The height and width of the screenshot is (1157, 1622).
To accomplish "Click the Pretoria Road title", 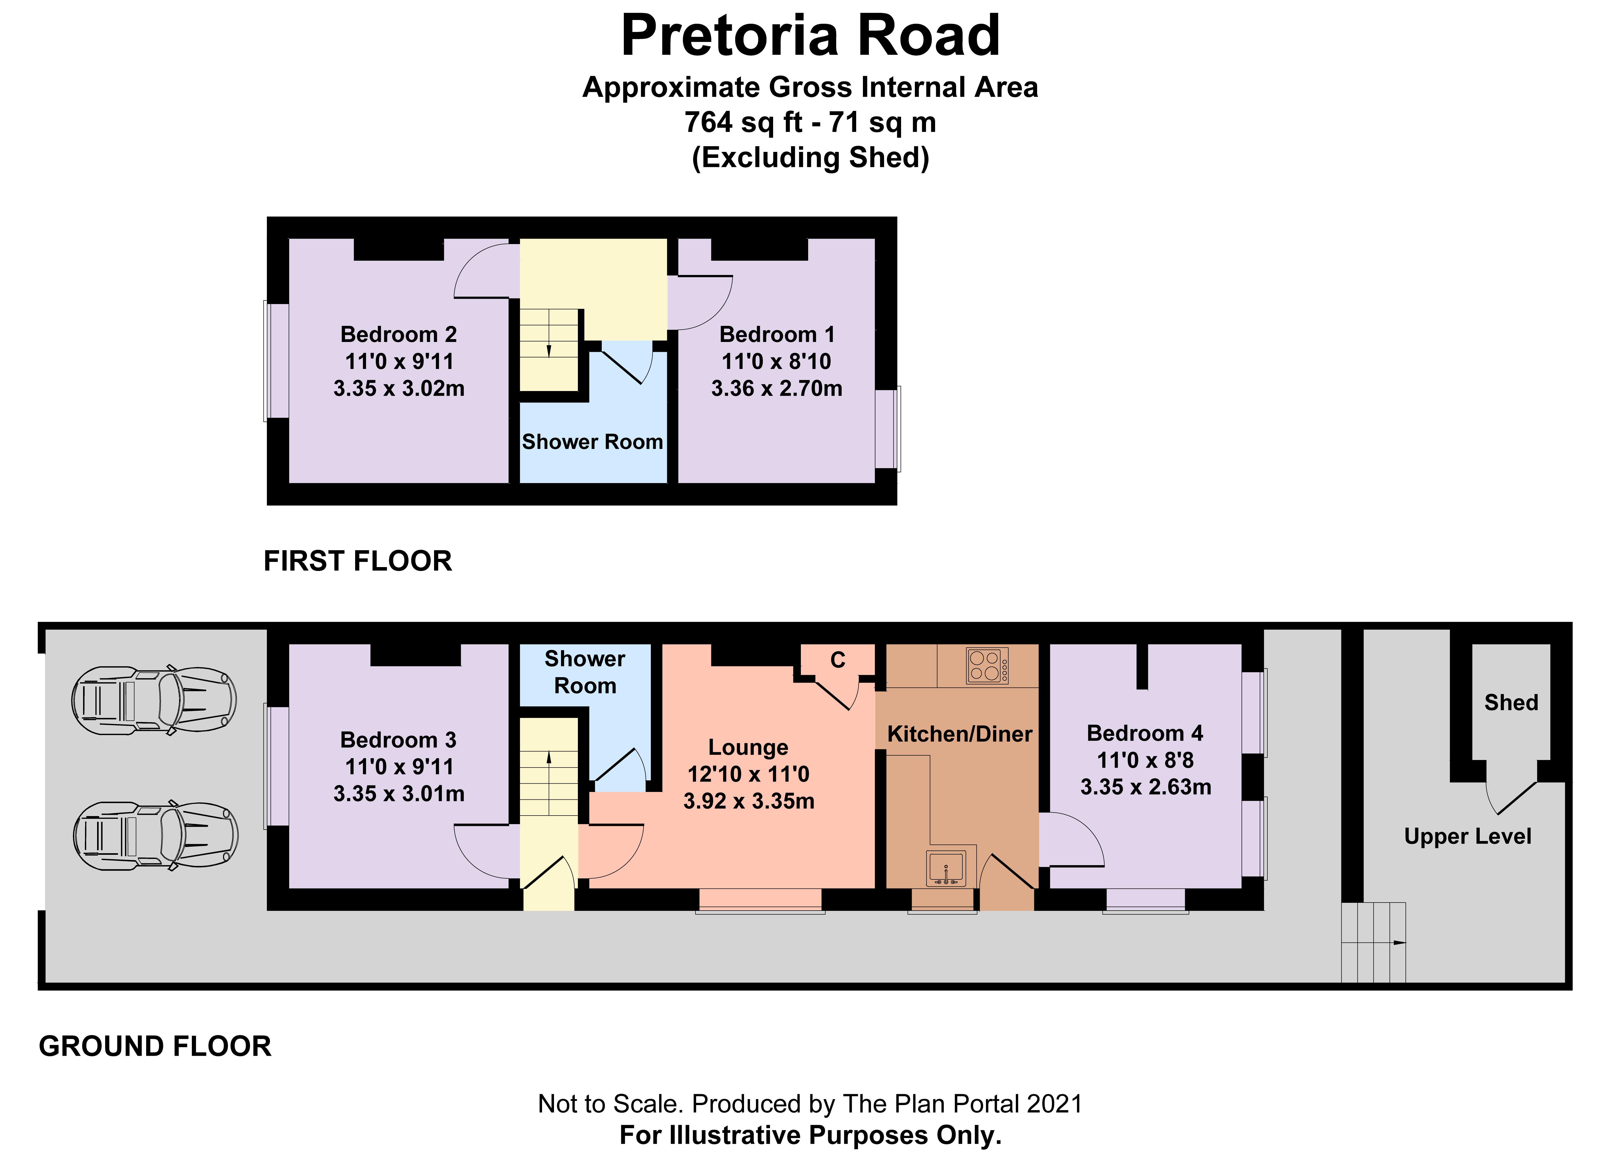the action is coord(811,36).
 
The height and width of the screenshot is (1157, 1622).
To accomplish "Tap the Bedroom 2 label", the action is coord(399,334).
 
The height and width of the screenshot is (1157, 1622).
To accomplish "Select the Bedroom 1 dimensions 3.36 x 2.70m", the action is coord(776,388).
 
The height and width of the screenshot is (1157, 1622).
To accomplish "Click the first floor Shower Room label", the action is coord(593,442).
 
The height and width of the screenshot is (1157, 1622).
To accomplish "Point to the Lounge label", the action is coord(748,747).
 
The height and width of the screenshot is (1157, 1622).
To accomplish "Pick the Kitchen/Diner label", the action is coord(959,734).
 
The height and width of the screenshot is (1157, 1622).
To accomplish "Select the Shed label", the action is coord(1511,702).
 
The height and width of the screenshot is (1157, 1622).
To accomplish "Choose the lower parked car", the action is coord(155,835).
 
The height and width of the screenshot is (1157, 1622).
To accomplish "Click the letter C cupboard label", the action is coord(838,661).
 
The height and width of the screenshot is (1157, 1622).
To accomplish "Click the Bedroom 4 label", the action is coord(1145,733).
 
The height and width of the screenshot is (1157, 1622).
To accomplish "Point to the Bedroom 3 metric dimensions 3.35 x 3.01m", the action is coord(399,794).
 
